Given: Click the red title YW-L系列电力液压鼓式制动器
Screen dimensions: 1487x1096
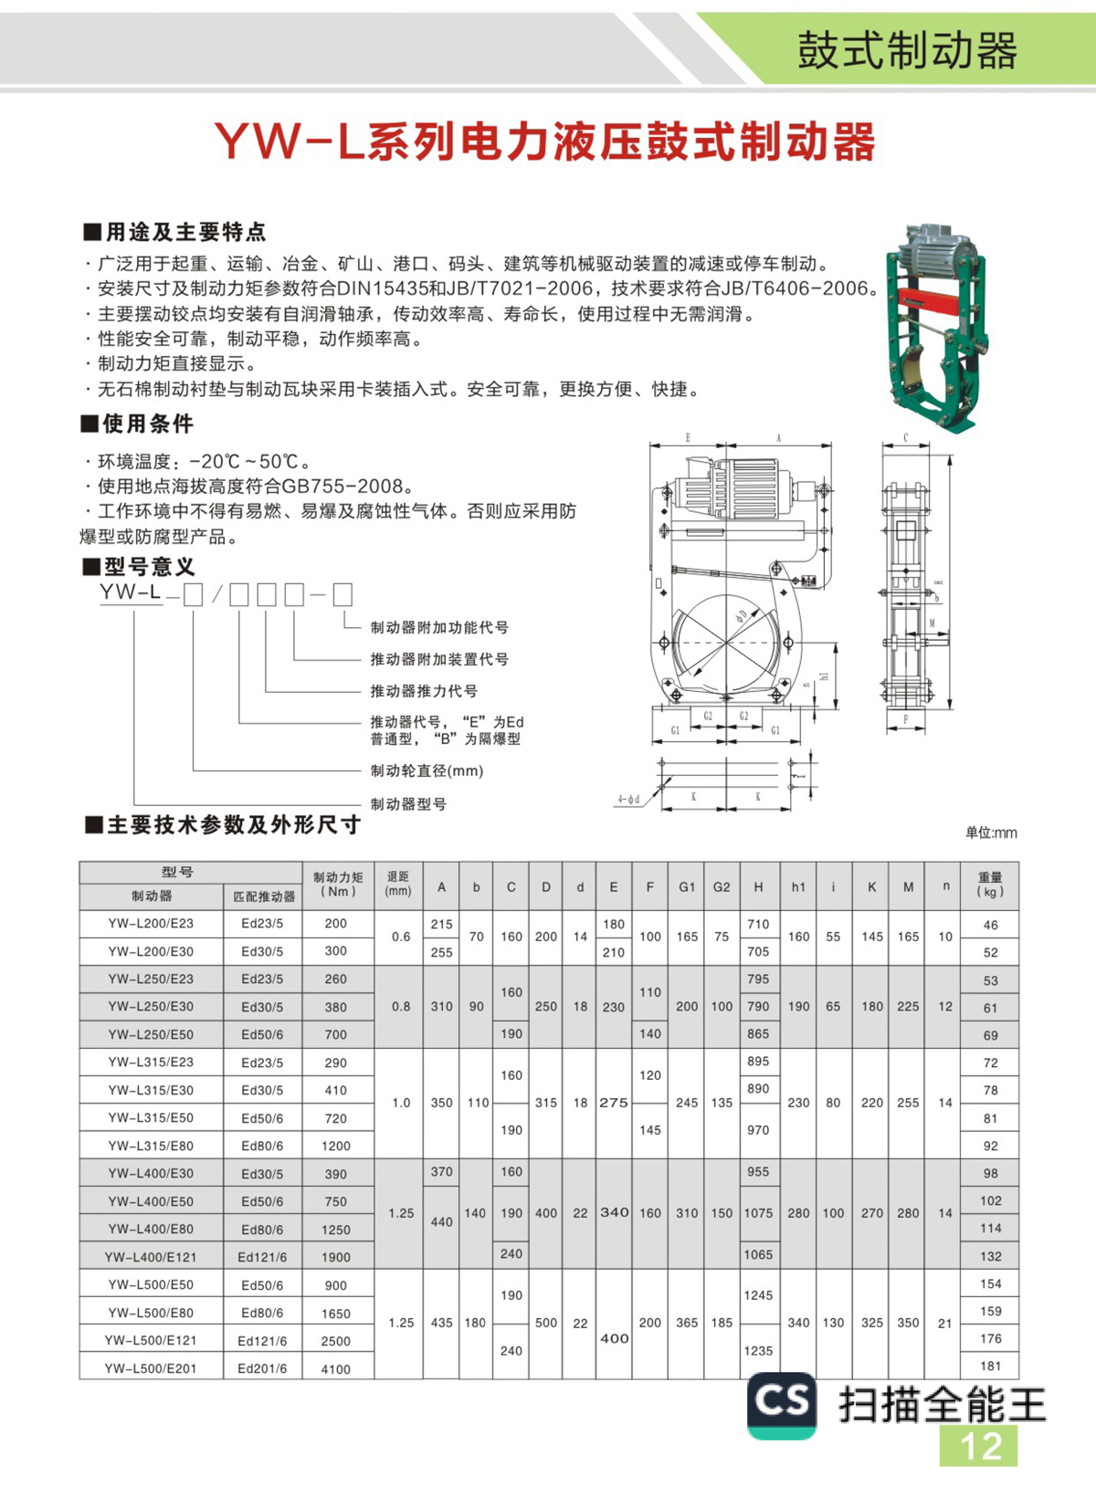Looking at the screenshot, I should tap(545, 141).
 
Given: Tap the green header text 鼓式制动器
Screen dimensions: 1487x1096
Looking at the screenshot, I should tap(906, 51).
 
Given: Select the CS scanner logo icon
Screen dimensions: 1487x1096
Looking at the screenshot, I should tap(782, 1404).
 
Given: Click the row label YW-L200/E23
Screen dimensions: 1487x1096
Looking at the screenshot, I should tap(151, 923).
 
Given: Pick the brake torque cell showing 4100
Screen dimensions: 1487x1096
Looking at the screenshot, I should tap(336, 1368).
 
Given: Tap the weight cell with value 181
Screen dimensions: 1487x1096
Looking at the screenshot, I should tap(990, 1366).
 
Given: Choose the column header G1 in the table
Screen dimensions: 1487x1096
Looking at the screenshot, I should tap(687, 886).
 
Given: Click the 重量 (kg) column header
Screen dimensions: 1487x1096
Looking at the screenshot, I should tap(990, 885).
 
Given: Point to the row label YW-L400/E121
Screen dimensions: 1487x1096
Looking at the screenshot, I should tap(151, 1257).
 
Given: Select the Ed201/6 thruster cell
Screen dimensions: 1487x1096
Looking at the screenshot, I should tap(263, 1368).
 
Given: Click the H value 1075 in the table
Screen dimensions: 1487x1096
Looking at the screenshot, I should tap(758, 1213).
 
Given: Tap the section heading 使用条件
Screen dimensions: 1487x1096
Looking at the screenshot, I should tap(146, 424).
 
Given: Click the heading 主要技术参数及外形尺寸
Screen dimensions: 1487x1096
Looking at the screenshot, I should tap(233, 825).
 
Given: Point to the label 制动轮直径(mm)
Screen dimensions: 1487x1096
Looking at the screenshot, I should tap(427, 770).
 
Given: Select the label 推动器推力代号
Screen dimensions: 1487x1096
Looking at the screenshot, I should tap(424, 691).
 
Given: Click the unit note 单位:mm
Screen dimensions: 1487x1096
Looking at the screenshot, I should tap(990, 833).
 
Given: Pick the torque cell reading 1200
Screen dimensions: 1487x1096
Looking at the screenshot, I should tap(336, 1146).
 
